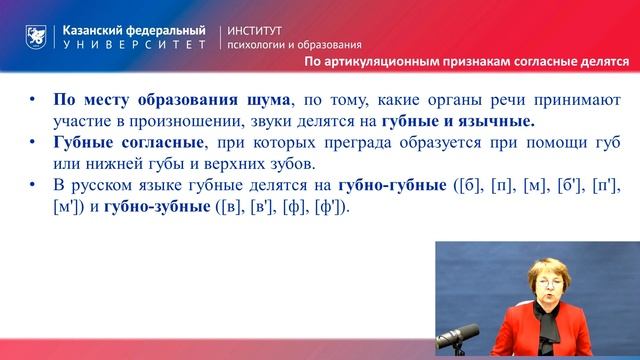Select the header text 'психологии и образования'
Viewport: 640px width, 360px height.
click(x=295, y=46)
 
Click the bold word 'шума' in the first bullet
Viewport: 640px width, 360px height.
click(x=266, y=100)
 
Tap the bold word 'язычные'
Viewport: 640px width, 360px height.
click(x=496, y=121)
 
